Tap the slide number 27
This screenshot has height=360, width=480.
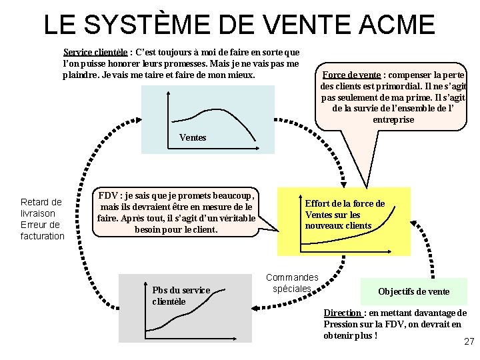click(468, 341)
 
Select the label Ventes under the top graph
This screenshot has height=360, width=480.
click(193, 137)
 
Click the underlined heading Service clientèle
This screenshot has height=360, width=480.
click(95, 51)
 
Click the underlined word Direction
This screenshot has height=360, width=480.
click(343, 313)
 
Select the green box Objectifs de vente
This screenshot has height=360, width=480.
click(413, 291)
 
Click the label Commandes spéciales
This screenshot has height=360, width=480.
click(292, 283)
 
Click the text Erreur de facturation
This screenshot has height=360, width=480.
click(42, 229)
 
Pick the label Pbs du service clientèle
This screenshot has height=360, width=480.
click(181, 295)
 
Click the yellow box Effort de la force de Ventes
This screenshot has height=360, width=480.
click(345, 215)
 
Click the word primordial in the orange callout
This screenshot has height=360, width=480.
click(398, 86)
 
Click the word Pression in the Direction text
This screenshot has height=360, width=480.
click(341, 324)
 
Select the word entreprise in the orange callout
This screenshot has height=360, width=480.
click(393, 119)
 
